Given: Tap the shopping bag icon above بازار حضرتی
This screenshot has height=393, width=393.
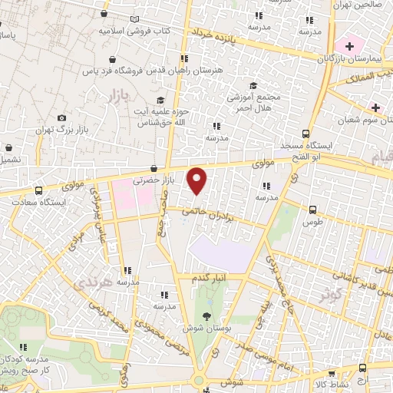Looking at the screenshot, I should pyautogui.click(x=154, y=168).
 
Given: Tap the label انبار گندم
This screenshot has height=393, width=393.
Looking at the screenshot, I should pyautogui.click(x=211, y=276).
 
